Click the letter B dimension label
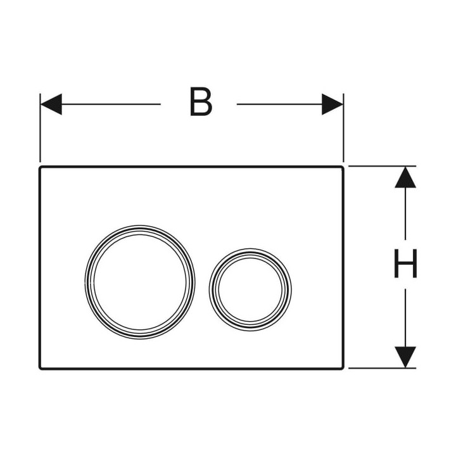(x=201, y=102)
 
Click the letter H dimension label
(x=405, y=263)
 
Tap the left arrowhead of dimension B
(x=51, y=104)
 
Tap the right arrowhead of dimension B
(x=332, y=104)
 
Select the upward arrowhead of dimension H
(x=405, y=177)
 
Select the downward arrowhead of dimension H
(x=405, y=357)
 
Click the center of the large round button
(x=140, y=282)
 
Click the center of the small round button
(x=250, y=289)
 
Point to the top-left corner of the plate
(x=39, y=167)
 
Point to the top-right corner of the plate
(x=343, y=167)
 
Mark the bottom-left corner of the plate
(x=39, y=369)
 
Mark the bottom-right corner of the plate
(x=343, y=369)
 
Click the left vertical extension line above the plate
(x=40, y=128)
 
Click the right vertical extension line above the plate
(x=343, y=128)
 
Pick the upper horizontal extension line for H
(x=382, y=167)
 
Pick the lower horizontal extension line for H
(x=382, y=368)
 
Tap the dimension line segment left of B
(x=111, y=104)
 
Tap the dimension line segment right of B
(x=279, y=104)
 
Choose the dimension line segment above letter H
(x=405, y=214)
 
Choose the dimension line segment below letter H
(x=405, y=318)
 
